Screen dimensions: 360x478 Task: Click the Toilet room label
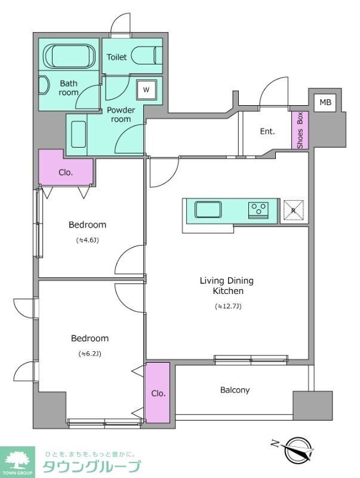(116, 57)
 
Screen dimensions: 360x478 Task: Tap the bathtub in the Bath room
(69, 56)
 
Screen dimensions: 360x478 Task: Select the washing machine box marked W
(146, 90)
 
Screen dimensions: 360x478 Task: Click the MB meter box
(325, 102)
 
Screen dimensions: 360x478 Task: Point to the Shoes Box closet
(300, 130)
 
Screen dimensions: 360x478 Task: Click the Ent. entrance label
(267, 131)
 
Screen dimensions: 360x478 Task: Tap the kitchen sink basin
(208, 210)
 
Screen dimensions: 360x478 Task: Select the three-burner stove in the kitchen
(259, 210)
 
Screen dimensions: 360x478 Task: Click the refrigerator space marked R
(294, 210)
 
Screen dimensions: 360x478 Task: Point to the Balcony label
(235, 390)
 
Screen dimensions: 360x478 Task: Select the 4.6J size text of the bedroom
(87, 240)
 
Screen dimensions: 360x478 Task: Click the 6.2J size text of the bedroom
(90, 354)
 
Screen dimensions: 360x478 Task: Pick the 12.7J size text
(228, 307)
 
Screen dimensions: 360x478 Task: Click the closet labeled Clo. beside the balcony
(158, 393)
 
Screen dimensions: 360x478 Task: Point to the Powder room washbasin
(79, 134)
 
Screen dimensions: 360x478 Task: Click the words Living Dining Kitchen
(227, 286)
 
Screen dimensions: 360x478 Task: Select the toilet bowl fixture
(147, 55)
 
